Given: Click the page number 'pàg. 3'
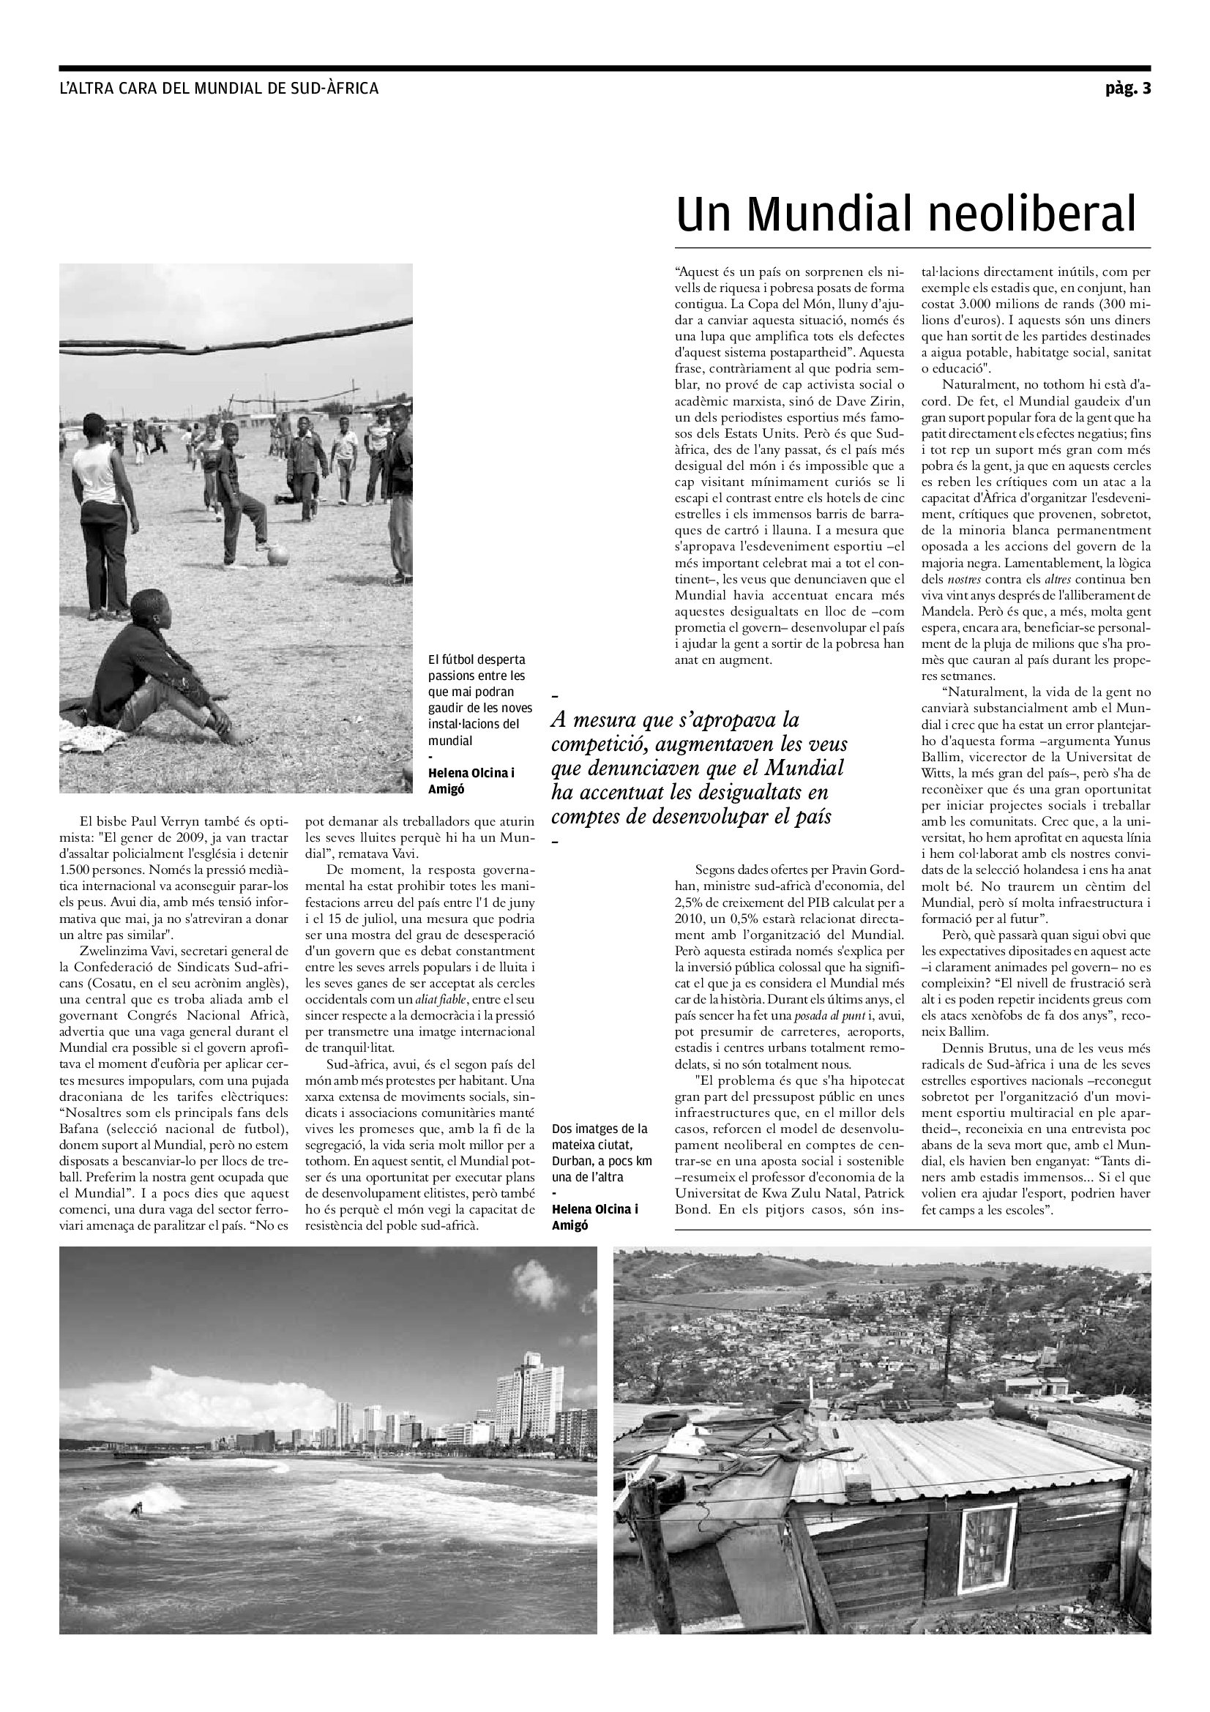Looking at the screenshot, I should pos(1128,89).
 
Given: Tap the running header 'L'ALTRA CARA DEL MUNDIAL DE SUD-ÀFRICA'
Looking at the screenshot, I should pos(219,89).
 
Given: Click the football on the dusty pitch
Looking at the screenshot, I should pos(277,555).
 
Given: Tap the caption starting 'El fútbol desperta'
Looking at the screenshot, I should pos(477,701).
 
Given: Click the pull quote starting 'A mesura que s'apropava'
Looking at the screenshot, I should pos(698,769).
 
